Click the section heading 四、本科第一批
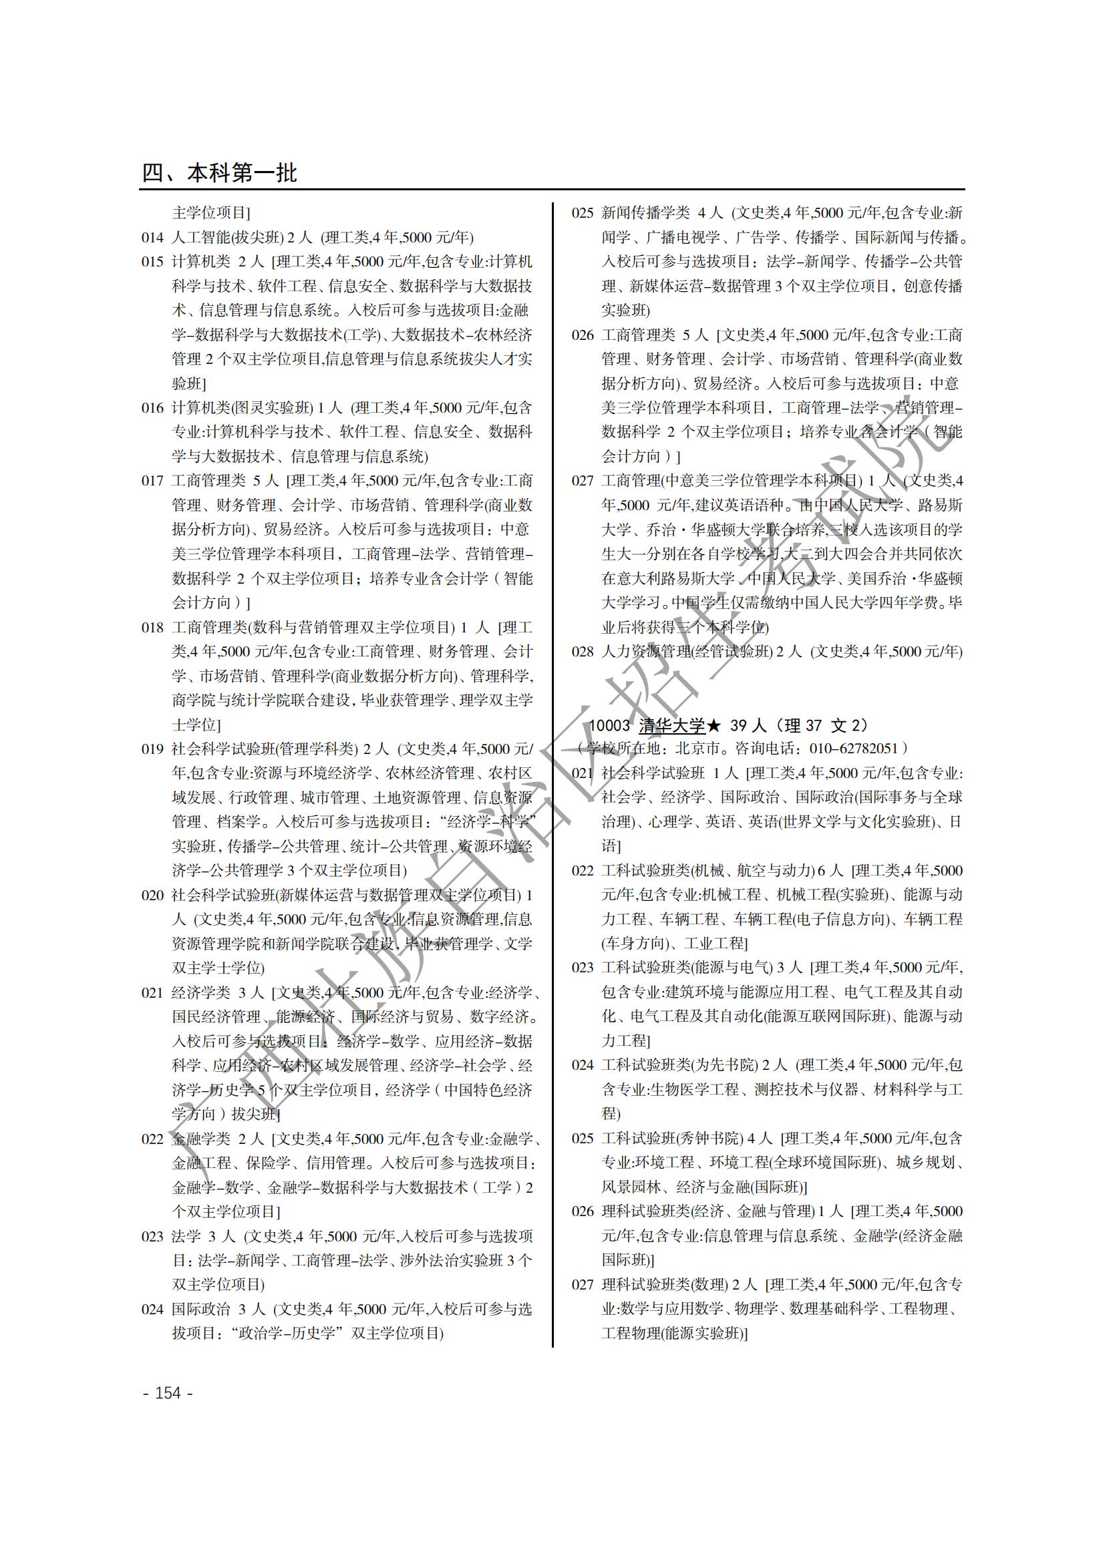[219, 173]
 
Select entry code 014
[152, 238]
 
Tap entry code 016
[152, 408]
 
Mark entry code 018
[152, 627]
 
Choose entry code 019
[152, 749]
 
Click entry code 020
[152, 896]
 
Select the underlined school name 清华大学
[671, 725]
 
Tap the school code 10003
[609, 725]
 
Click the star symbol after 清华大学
[713, 725]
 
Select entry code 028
[583, 652]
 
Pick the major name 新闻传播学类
[645, 213]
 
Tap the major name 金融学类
[200, 1139]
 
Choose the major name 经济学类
[200, 992]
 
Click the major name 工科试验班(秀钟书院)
[672, 1138]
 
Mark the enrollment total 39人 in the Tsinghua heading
[747, 725]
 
